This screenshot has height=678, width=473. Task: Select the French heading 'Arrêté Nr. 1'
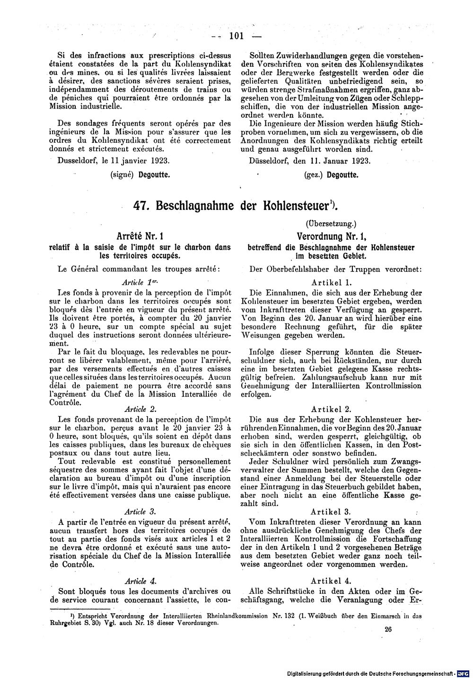[137, 235]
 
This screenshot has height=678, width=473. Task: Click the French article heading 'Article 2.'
[139, 409]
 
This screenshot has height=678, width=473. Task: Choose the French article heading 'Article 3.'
[139, 512]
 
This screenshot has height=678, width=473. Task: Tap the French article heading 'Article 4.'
[139, 581]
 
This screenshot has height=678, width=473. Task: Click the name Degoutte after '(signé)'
[154, 174]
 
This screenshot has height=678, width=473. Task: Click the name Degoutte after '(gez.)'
[342, 174]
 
